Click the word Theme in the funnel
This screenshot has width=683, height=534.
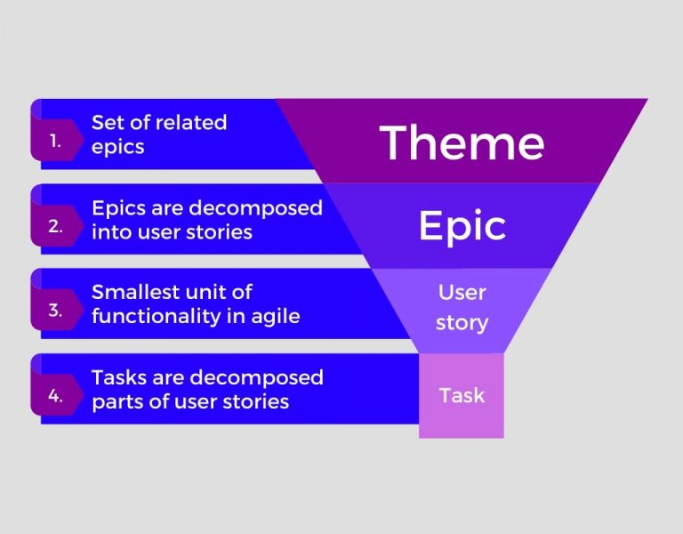pos(462,142)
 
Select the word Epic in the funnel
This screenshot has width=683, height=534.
pos(462,226)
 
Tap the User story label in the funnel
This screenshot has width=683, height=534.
pos(462,307)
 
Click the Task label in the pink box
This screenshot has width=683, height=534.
pos(462,395)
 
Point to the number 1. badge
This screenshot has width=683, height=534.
pos(56,141)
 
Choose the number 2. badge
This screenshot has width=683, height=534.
pos(56,226)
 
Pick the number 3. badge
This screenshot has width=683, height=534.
pos(56,311)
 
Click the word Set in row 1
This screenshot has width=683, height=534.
pos(108,123)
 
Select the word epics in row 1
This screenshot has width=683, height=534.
pos(117,147)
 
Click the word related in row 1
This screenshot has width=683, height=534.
pos(191,123)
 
